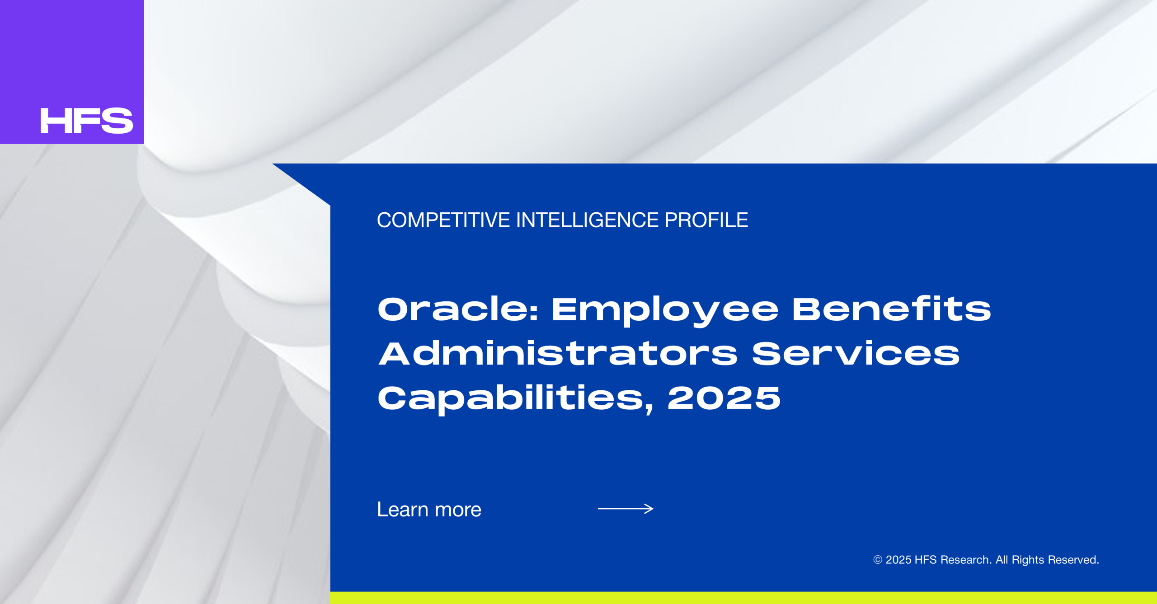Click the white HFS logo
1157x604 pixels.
tap(87, 121)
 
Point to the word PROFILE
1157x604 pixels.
tap(706, 220)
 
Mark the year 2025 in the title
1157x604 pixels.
tap(724, 398)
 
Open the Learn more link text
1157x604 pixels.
tap(429, 510)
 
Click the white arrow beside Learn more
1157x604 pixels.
tap(626, 509)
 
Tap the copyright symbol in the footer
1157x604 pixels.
tap(878, 560)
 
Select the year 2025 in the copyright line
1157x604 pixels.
tap(898, 560)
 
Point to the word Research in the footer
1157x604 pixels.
tap(966, 560)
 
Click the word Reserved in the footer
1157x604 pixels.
tap(1073, 560)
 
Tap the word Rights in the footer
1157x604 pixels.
tap(1028, 560)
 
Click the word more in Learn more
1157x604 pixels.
tap(458, 510)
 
